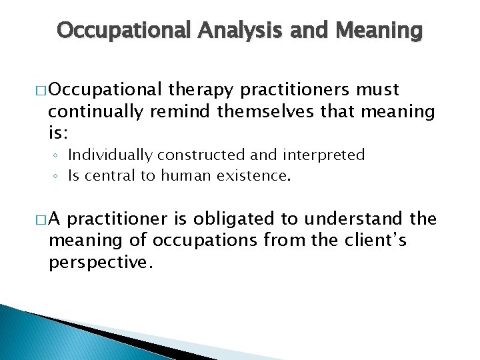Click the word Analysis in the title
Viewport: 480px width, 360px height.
click(229, 30)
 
